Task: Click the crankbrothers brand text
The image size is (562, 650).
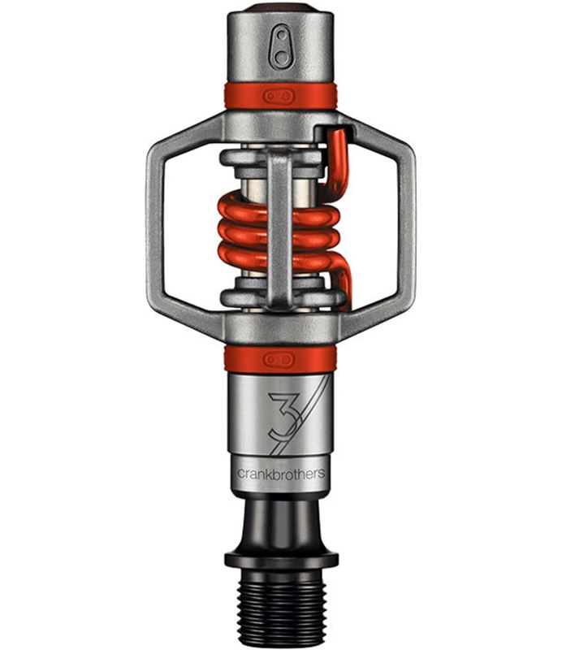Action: tap(280, 474)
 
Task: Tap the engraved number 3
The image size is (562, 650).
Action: tap(283, 417)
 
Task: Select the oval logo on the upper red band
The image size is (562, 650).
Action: tap(279, 97)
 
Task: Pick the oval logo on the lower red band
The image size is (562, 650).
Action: tap(279, 359)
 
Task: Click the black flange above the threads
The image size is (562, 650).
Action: tap(282, 560)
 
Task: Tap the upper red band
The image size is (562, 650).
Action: tap(280, 96)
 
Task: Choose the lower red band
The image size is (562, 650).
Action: tap(280, 359)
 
